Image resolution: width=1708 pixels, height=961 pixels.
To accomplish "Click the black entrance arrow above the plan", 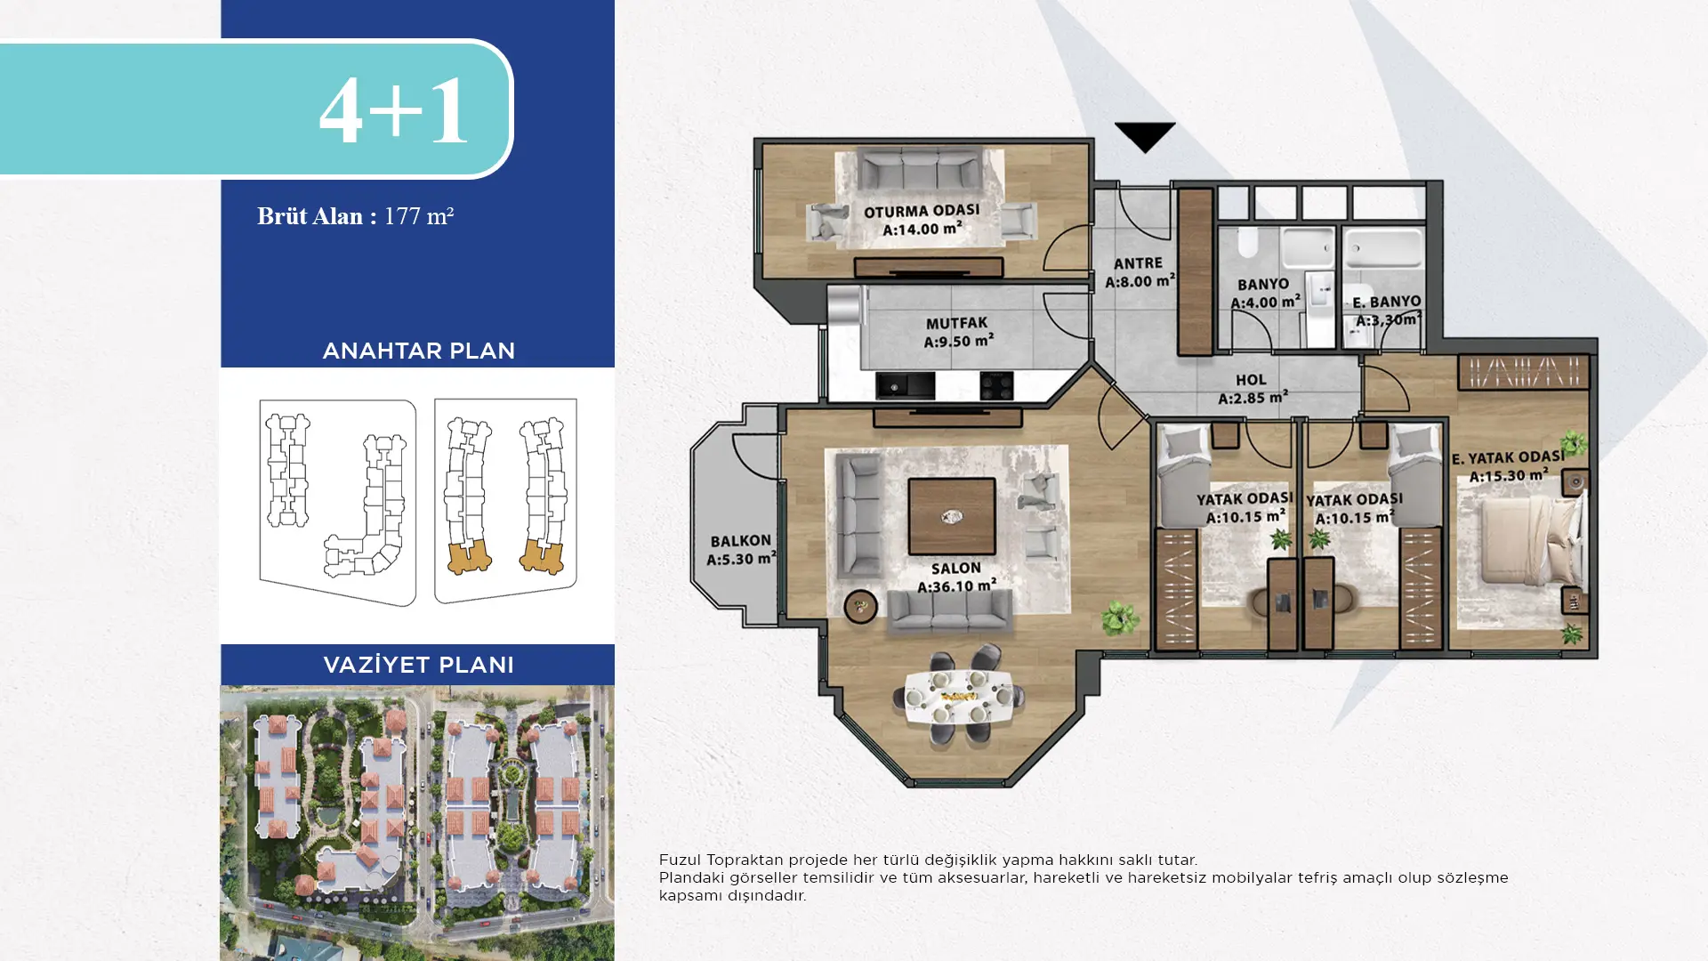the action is click(x=1145, y=136).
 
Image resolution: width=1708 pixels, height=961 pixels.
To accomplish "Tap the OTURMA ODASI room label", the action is click(x=922, y=212).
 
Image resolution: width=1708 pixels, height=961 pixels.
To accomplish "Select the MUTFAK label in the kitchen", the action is click(x=956, y=323).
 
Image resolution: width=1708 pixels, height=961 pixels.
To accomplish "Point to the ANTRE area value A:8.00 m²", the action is click(x=1140, y=280).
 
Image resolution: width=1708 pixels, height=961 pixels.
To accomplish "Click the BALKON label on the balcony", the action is click(x=740, y=541).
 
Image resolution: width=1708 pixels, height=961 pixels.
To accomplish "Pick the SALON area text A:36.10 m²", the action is click(x=956, y=585).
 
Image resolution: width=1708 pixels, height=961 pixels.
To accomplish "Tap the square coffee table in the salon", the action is click(x=952, y=516).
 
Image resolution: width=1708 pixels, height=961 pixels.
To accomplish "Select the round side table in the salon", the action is click(x=860, y=607).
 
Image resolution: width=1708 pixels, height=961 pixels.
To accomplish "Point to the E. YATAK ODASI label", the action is click(x=1508, y=457).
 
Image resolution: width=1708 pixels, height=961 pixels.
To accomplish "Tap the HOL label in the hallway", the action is click(x=1251, y=380).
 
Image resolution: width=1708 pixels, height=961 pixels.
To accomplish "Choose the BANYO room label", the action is click(x=1263, y=284).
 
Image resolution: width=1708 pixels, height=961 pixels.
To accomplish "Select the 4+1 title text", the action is click(x=393, y=110).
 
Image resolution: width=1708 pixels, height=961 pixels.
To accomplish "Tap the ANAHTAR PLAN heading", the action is click(x=418, y=351).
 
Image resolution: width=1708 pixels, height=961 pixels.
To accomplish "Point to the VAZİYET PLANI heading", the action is click(x=418, y=665).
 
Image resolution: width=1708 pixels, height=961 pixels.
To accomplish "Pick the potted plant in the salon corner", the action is click(x=1119, y=618).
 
